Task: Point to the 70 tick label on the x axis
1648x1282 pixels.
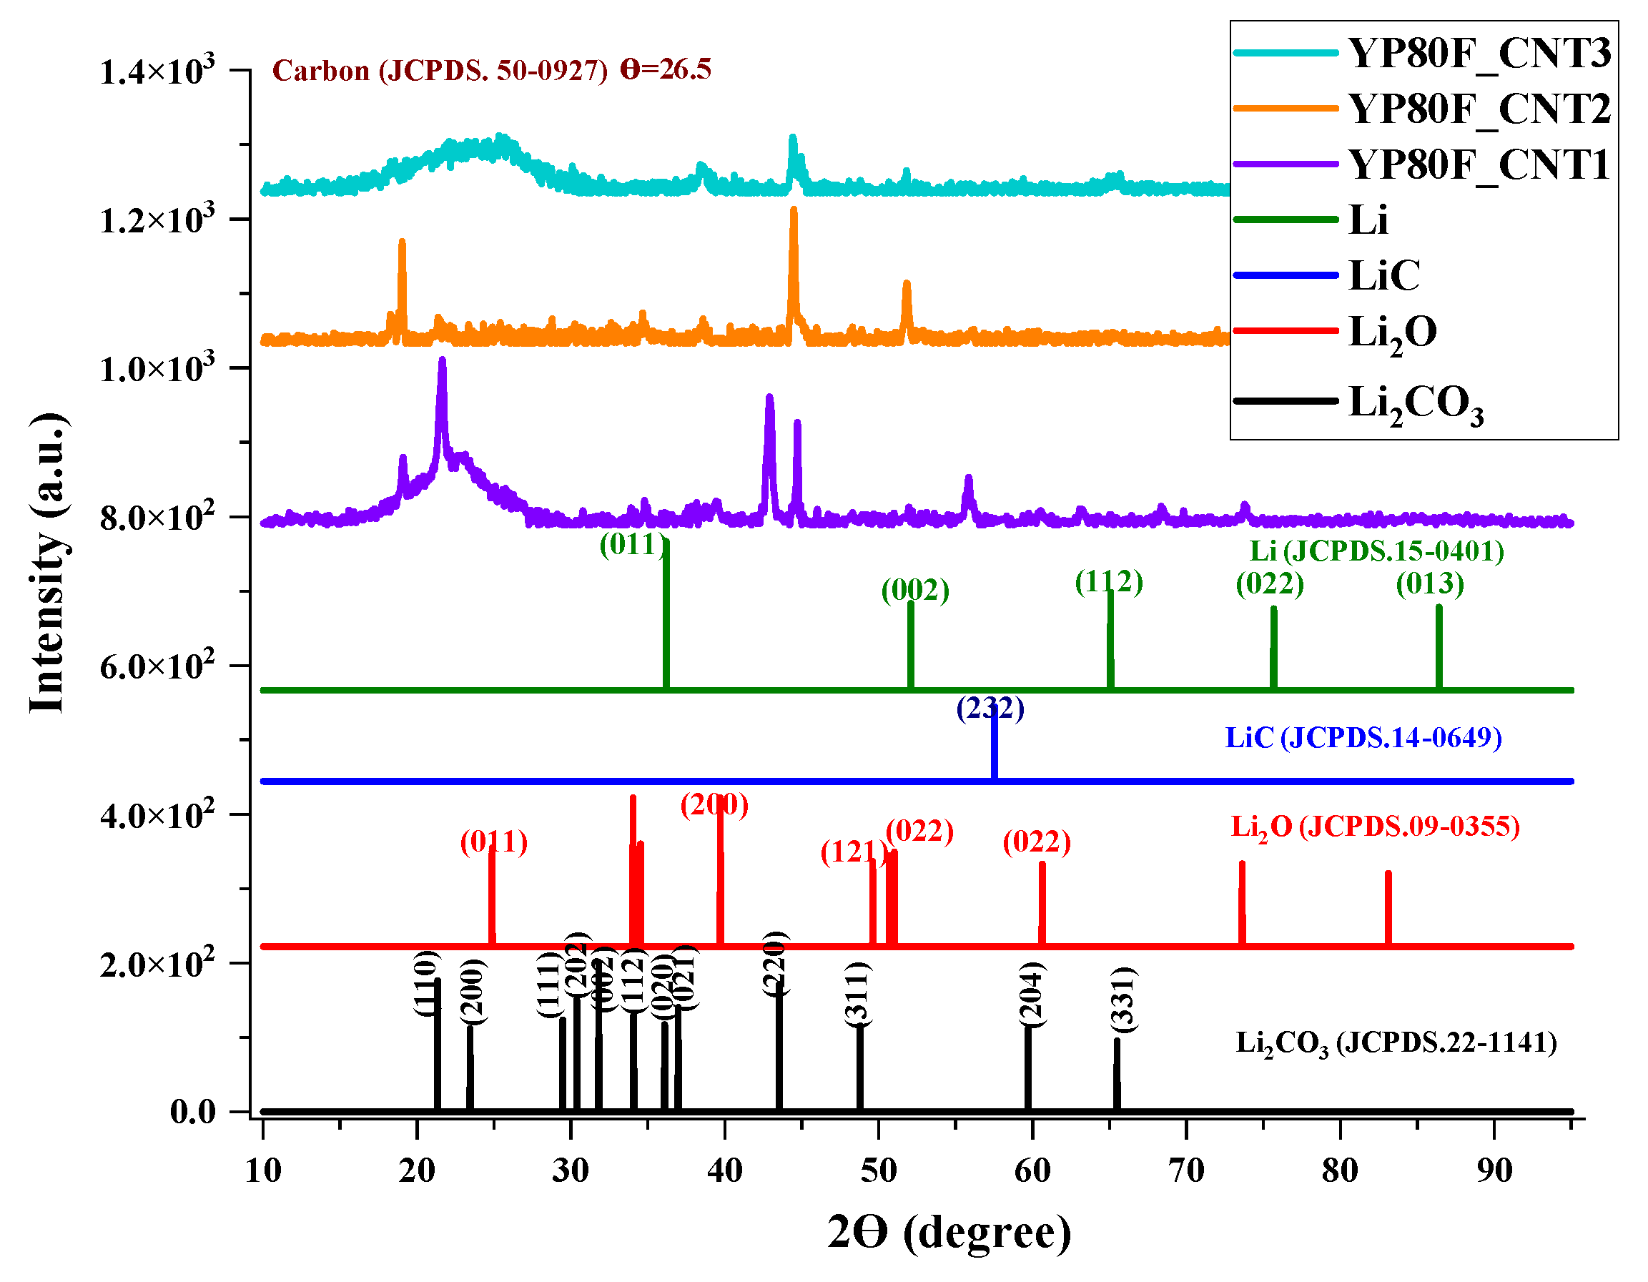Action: point(1185,1171)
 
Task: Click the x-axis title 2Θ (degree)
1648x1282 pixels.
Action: point(949,1233)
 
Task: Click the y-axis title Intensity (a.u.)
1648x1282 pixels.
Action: point(46,562)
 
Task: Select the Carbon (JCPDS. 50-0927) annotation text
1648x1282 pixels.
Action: point(439,71)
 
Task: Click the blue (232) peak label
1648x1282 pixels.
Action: point(990,709)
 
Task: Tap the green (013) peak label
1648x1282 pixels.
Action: point(1429,584)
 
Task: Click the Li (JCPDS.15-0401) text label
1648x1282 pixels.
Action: point(1376,551)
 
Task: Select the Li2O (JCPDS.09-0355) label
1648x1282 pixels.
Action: point(1375,827)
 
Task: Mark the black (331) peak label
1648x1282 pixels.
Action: point(1123,999)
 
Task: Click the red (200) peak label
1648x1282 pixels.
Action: point(714,805)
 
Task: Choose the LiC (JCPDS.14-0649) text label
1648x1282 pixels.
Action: point(1363,738)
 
